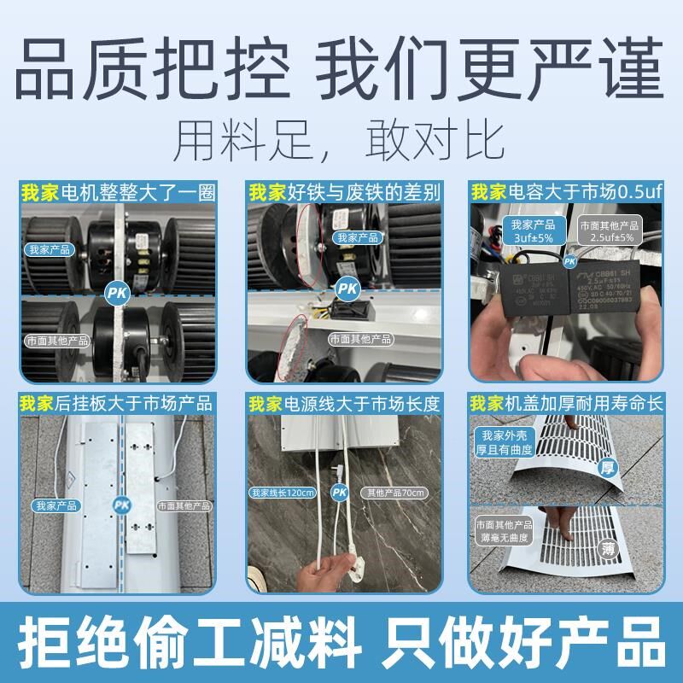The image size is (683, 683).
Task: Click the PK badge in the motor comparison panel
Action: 116,293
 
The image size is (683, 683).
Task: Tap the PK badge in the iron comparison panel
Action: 345,288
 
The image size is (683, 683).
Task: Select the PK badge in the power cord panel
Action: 340,493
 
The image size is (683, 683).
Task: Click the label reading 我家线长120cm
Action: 283,493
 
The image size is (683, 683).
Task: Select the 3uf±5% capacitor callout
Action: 533,231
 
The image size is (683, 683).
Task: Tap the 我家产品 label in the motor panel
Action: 49,250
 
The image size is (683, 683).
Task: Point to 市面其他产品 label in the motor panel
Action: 56,339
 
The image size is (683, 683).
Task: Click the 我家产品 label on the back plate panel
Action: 56,505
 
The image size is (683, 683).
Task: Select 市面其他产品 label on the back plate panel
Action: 183,505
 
